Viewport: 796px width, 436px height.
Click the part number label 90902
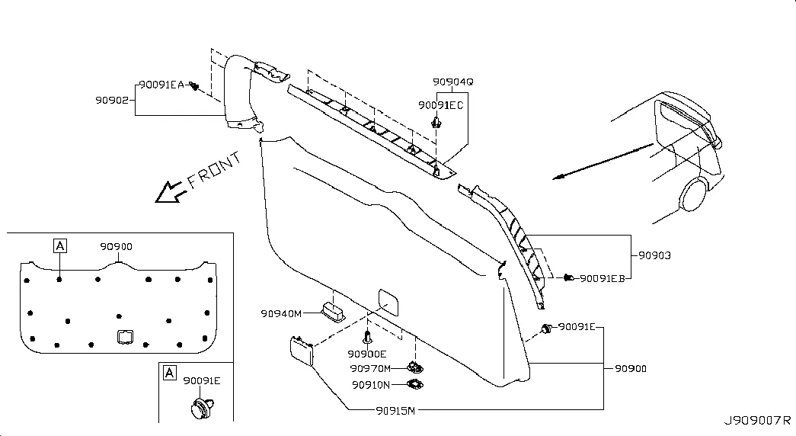coord(112,100)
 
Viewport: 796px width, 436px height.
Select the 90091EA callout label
coord(161,85)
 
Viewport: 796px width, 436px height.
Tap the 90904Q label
coord(452,82)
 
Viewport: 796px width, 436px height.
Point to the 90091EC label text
coord(440,104)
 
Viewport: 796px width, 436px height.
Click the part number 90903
coord(654,255)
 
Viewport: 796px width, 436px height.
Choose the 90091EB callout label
coord(602,278)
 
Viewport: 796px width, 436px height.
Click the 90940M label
coord(281,313)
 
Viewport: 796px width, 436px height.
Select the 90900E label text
coord(366,354)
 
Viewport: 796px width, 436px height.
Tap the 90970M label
coord(371,368)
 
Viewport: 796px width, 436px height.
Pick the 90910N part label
coord(371,385)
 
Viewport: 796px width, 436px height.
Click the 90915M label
coord(395,411)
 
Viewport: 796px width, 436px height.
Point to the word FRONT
coord(214,169)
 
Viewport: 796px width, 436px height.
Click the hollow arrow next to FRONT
coord(170,192)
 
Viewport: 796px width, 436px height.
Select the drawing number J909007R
coord(757,420)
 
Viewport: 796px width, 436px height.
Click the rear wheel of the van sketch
coord(694,195)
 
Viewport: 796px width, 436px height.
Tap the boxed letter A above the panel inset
coord(60,246)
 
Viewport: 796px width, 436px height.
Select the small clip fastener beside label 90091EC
coord(436,122)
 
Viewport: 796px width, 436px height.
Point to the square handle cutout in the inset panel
coord(125,337)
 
